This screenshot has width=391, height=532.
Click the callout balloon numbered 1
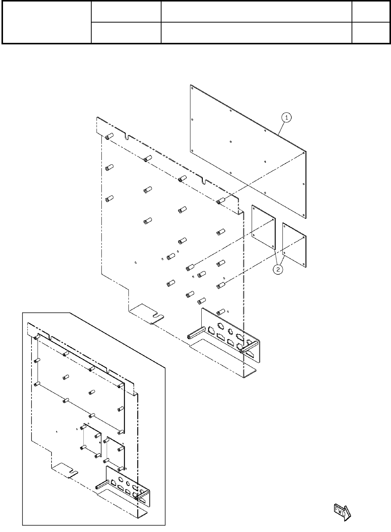point(286,118)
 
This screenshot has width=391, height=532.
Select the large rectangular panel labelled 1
point(248,150)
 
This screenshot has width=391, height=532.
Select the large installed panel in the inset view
point(81,383)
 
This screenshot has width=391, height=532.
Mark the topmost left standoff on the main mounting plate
point(109,136)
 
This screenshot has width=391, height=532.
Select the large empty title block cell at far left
point(47,22)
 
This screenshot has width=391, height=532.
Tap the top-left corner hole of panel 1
point(192,89)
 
